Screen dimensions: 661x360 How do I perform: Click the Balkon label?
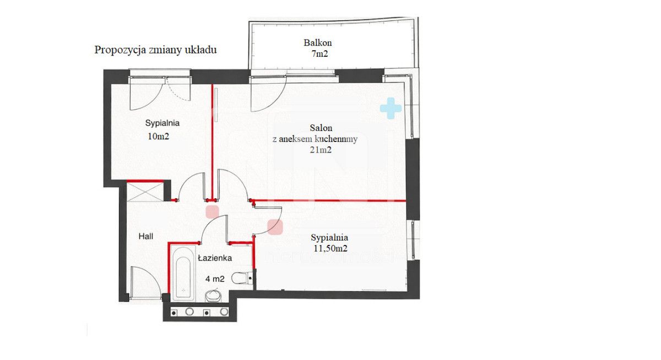point(317,43)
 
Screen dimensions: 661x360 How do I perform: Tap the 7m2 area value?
point(319,54)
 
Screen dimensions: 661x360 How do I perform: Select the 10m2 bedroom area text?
point(158,136)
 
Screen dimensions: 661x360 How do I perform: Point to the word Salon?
point(321,128)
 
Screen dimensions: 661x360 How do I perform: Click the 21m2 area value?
point(321,150)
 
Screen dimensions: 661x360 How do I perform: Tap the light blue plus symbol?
point(391,108)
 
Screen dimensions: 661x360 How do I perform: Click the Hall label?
point(146,236)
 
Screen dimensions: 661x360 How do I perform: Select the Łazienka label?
point(215,258)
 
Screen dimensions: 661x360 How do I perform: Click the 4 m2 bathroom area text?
point(215,279)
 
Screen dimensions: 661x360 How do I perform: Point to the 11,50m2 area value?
point(330,249)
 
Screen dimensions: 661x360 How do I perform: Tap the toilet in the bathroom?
point(242,278)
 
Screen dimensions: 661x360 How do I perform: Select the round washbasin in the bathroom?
point(213,296)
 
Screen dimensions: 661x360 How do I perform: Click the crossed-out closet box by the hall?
point(145,192)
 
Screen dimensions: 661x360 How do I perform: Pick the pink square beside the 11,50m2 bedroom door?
point(275,227)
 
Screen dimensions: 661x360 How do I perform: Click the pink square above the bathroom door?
point(212,212)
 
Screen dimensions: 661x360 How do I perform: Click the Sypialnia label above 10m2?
point(162,123)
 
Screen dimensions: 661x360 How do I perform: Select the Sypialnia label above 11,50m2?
point(329,238)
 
